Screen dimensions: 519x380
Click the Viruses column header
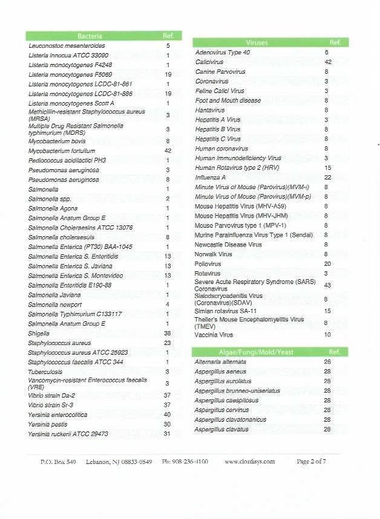257,43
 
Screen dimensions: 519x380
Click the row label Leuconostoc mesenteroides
67,45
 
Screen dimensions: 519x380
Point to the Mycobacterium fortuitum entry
62,150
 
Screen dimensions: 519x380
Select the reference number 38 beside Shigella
168,333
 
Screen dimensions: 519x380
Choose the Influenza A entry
211,178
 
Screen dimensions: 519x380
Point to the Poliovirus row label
209,264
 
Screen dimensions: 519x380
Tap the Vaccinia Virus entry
214,334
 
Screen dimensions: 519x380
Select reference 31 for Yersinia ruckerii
168,434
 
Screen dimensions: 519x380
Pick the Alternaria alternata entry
221,361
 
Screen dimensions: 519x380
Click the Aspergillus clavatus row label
221,429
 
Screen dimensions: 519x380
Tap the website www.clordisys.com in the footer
249,461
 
